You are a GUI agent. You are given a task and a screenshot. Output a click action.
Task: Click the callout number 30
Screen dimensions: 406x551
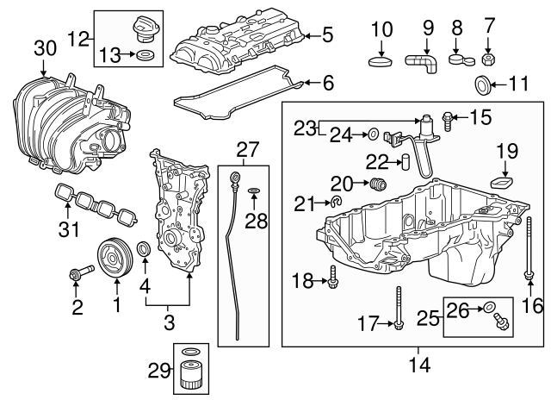[40, 49]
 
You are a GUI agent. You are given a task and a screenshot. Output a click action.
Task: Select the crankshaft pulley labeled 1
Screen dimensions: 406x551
[112, 259]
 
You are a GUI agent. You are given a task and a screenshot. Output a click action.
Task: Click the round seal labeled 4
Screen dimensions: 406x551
[145, 251]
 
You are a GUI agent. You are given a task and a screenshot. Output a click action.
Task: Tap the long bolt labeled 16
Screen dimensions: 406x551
[527, 250]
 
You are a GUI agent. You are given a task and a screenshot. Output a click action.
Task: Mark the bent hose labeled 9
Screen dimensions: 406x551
[422, 62]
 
